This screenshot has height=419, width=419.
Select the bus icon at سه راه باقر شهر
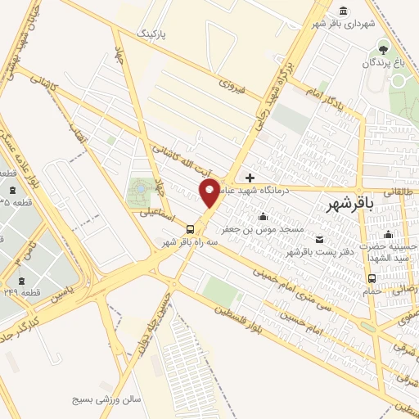point(190,229)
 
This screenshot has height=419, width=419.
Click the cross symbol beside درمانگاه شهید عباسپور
point(250,177)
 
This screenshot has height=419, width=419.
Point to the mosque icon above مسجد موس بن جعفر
point(263,217)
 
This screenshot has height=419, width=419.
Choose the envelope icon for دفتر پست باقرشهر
point(318,240)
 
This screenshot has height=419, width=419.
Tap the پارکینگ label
point(155,34)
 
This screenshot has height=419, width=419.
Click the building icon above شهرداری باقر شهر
point(341,11)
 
